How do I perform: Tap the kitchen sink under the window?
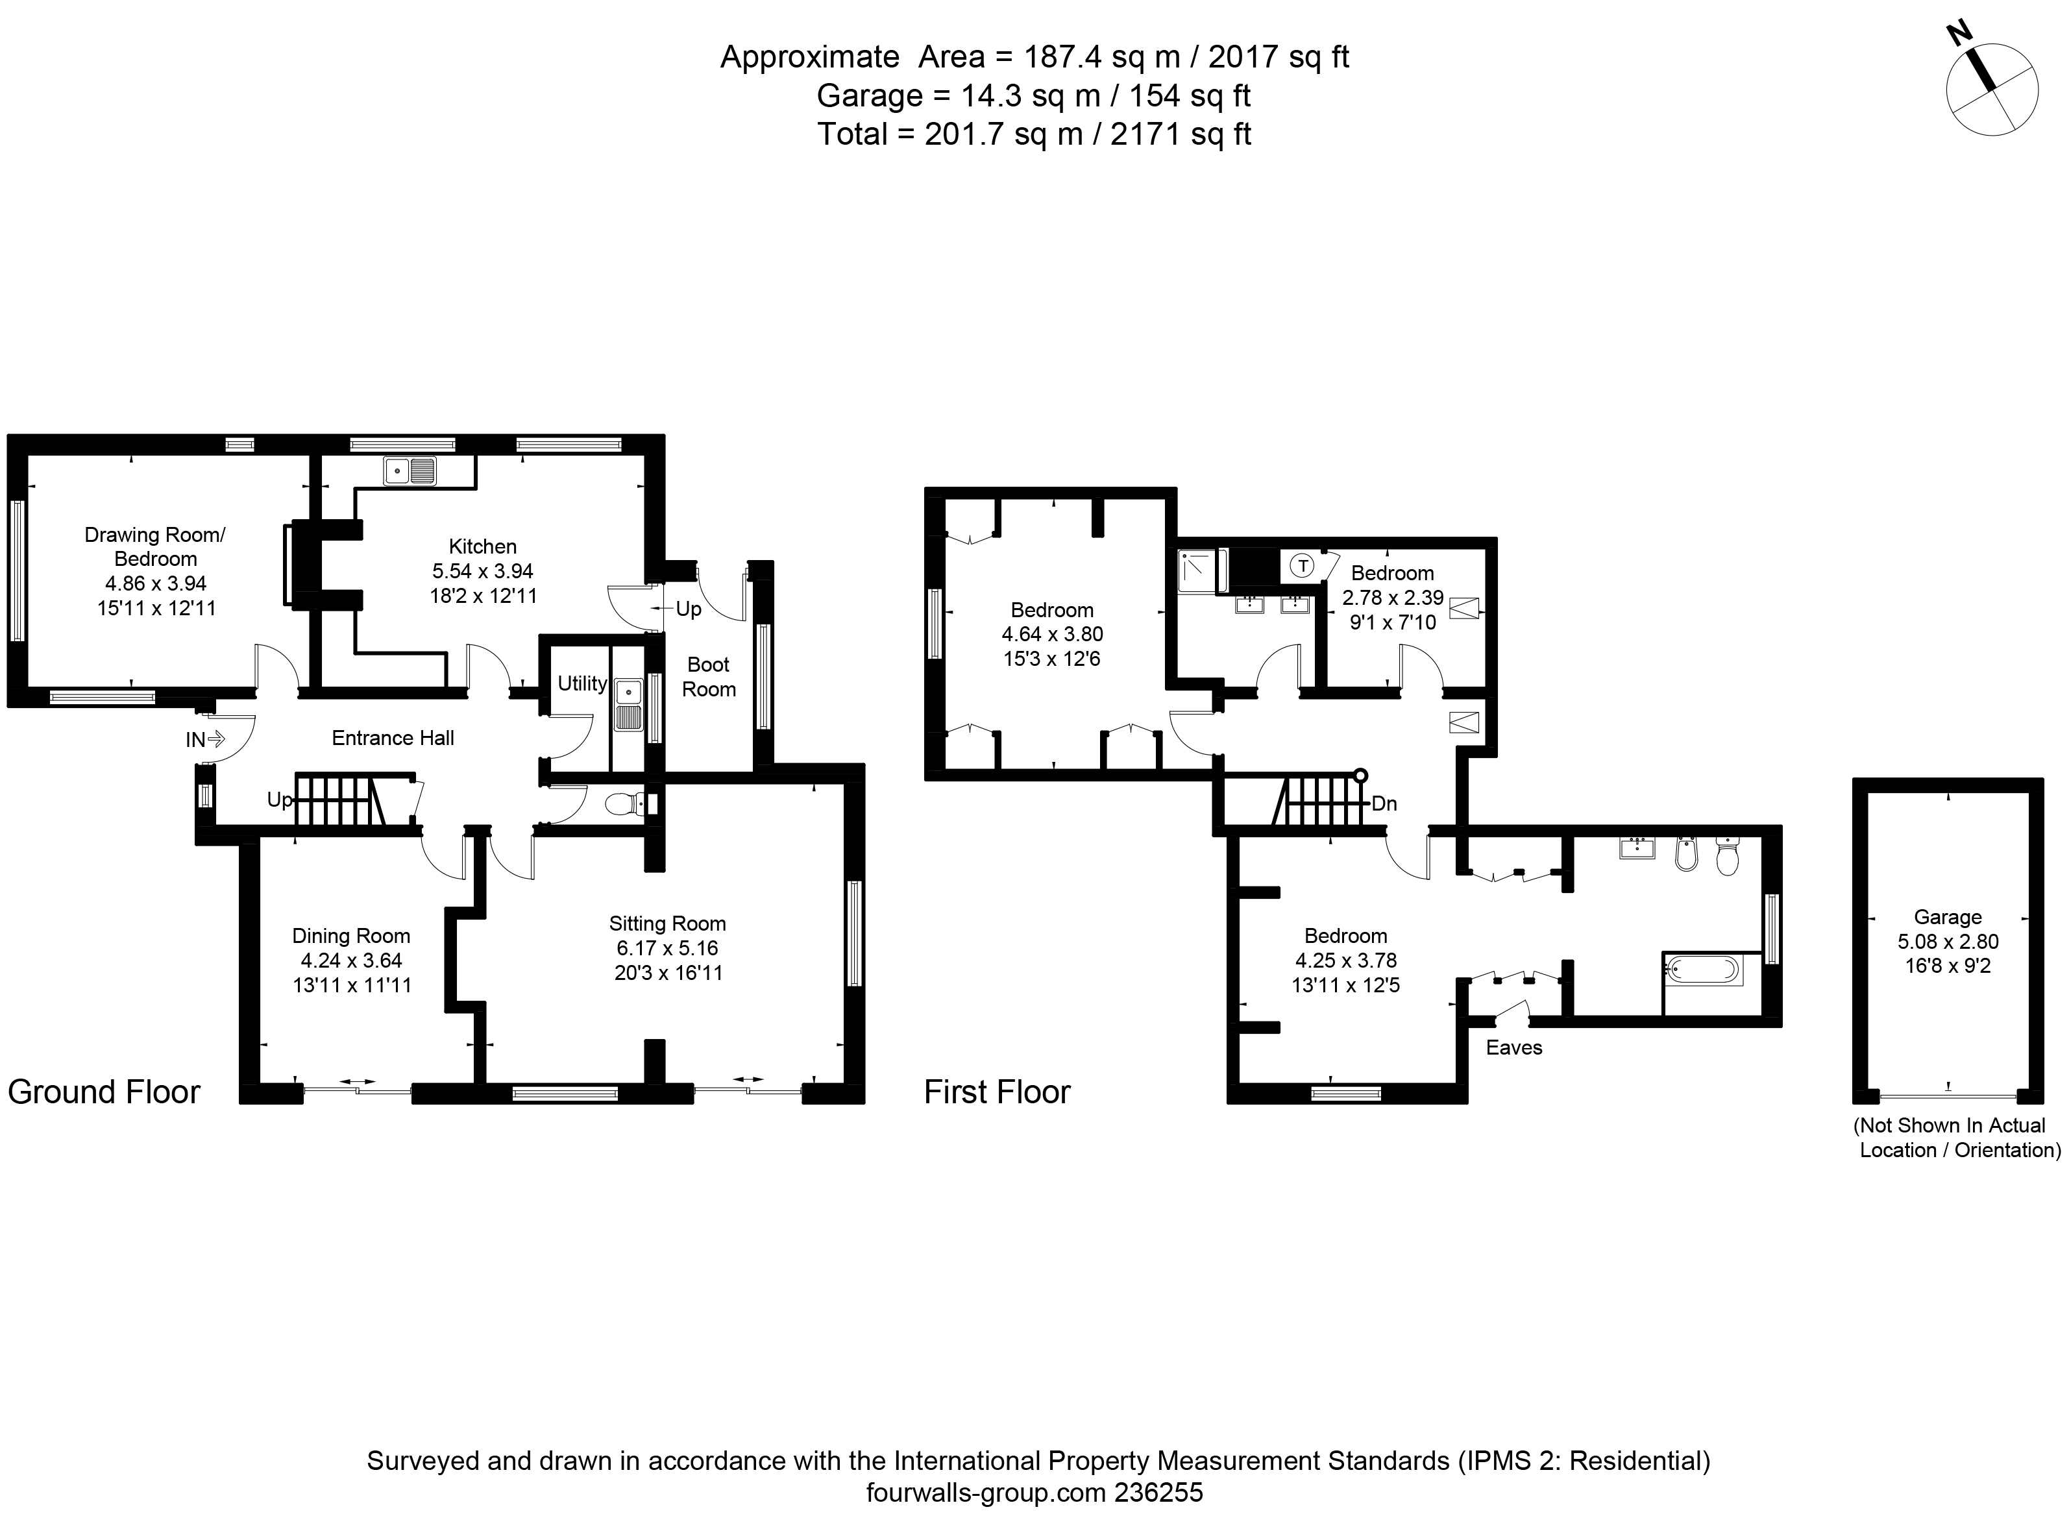(x=410, y=471)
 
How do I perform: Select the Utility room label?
(x=582, y=683)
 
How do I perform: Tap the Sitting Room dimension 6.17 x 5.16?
(x=667, y=948)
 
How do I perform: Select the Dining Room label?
(x=351, y=936)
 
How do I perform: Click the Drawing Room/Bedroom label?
(x=155, y=547)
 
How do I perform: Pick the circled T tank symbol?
(x=1302, y=566)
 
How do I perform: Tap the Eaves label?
(x=1514, y=1048)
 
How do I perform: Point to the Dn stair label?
(x=1384, y=805)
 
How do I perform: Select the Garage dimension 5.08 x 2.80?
(x=1948, y=942)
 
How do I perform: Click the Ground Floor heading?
(x=104, y=1092)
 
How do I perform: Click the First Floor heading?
(x=998, y=1092)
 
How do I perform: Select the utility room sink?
(x=628, y=704)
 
